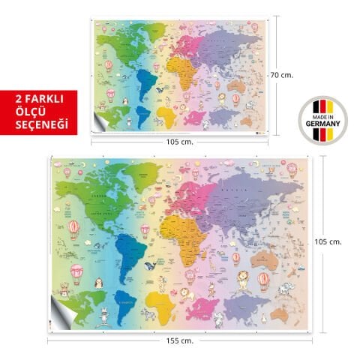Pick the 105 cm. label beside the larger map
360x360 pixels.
[331, 241]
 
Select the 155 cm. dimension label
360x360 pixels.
[180, 341]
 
